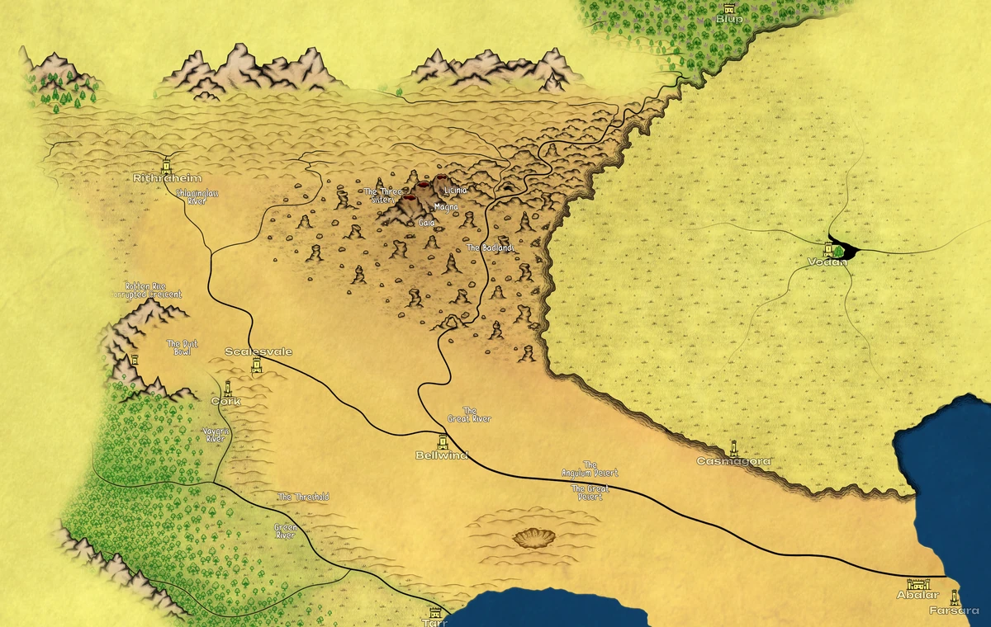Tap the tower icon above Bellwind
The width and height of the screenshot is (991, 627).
(442, 441)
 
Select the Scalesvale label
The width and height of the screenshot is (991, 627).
(258, 351)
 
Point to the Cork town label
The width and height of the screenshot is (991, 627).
(225, 401)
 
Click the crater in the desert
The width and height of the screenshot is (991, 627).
(535, 539)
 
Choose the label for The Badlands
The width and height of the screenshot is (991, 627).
(491, 247)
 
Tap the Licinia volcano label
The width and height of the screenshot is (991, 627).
(455, 191)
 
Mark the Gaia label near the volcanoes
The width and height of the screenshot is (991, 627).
(426, 223)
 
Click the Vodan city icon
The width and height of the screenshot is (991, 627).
(828, 248)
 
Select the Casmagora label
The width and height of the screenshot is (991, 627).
(733, 461)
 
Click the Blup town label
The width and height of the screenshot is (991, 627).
(728, 18)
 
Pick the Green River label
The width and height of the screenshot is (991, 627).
(286, 530)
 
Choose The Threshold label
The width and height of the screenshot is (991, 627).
(303, 497)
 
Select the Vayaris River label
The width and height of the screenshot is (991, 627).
(215, 435)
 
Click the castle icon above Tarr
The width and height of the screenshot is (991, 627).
(434, 613)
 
